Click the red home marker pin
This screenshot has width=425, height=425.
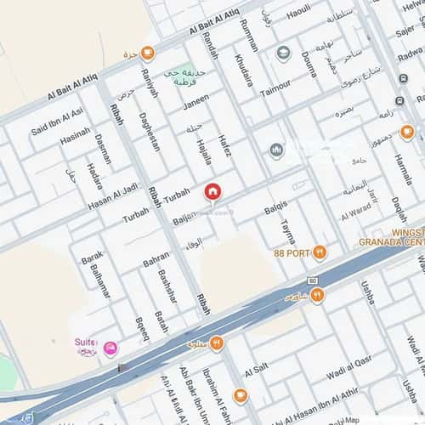(x=212, y=192)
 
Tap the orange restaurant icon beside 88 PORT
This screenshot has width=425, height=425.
(x=319, y=252)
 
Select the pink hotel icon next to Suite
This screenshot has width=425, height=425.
(x=110, y=348)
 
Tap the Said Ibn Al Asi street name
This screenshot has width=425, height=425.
(x=57, y=121)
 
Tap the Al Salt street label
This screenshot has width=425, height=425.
(x=256, y=371)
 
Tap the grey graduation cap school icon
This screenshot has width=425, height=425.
(x=283, y=55)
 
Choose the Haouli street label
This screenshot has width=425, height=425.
(x=297, y=14)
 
